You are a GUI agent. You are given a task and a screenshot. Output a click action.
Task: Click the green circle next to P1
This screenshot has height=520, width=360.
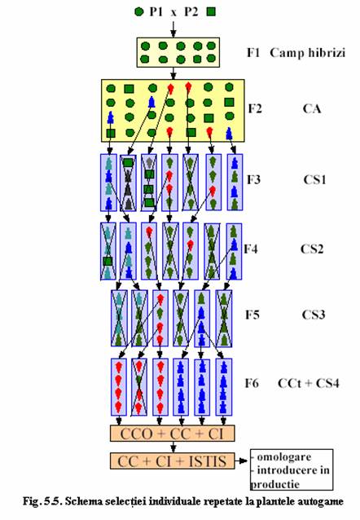point(139,12)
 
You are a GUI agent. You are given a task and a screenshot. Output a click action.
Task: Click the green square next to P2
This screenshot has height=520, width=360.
point(211,12)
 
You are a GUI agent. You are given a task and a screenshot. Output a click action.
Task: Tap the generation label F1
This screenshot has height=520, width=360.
point(253,52)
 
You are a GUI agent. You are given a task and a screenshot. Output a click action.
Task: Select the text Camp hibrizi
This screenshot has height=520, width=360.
point(307,53)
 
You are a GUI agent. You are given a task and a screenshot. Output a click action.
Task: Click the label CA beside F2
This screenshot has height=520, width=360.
point(312,108)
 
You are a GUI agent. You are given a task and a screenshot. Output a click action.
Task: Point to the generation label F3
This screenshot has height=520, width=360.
point(254,179)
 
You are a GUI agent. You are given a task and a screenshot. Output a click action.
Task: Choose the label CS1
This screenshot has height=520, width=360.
point(314,179)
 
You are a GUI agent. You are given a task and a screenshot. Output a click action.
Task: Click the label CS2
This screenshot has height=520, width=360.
point(312,249)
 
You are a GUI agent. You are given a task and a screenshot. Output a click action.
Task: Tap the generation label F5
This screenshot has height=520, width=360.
point(252,314)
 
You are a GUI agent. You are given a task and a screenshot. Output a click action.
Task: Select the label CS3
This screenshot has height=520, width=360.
point(314,314)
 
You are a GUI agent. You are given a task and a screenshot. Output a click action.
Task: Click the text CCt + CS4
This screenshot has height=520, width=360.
point(309,383)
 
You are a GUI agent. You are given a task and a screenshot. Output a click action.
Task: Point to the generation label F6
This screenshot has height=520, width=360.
point(252,383)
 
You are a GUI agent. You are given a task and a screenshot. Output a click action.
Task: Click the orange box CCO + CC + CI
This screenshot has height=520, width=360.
point(173,433)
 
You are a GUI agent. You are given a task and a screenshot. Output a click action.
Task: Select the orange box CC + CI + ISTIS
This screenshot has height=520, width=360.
point(173,461)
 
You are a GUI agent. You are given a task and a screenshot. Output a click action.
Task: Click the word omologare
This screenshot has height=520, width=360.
point(284,456)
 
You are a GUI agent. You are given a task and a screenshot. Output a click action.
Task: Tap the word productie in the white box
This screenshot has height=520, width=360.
point(274,484)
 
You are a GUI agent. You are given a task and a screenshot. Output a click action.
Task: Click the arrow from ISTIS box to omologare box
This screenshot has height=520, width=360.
point(241,461)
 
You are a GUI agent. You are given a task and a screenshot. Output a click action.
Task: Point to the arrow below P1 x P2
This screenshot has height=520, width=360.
point(173,29)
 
